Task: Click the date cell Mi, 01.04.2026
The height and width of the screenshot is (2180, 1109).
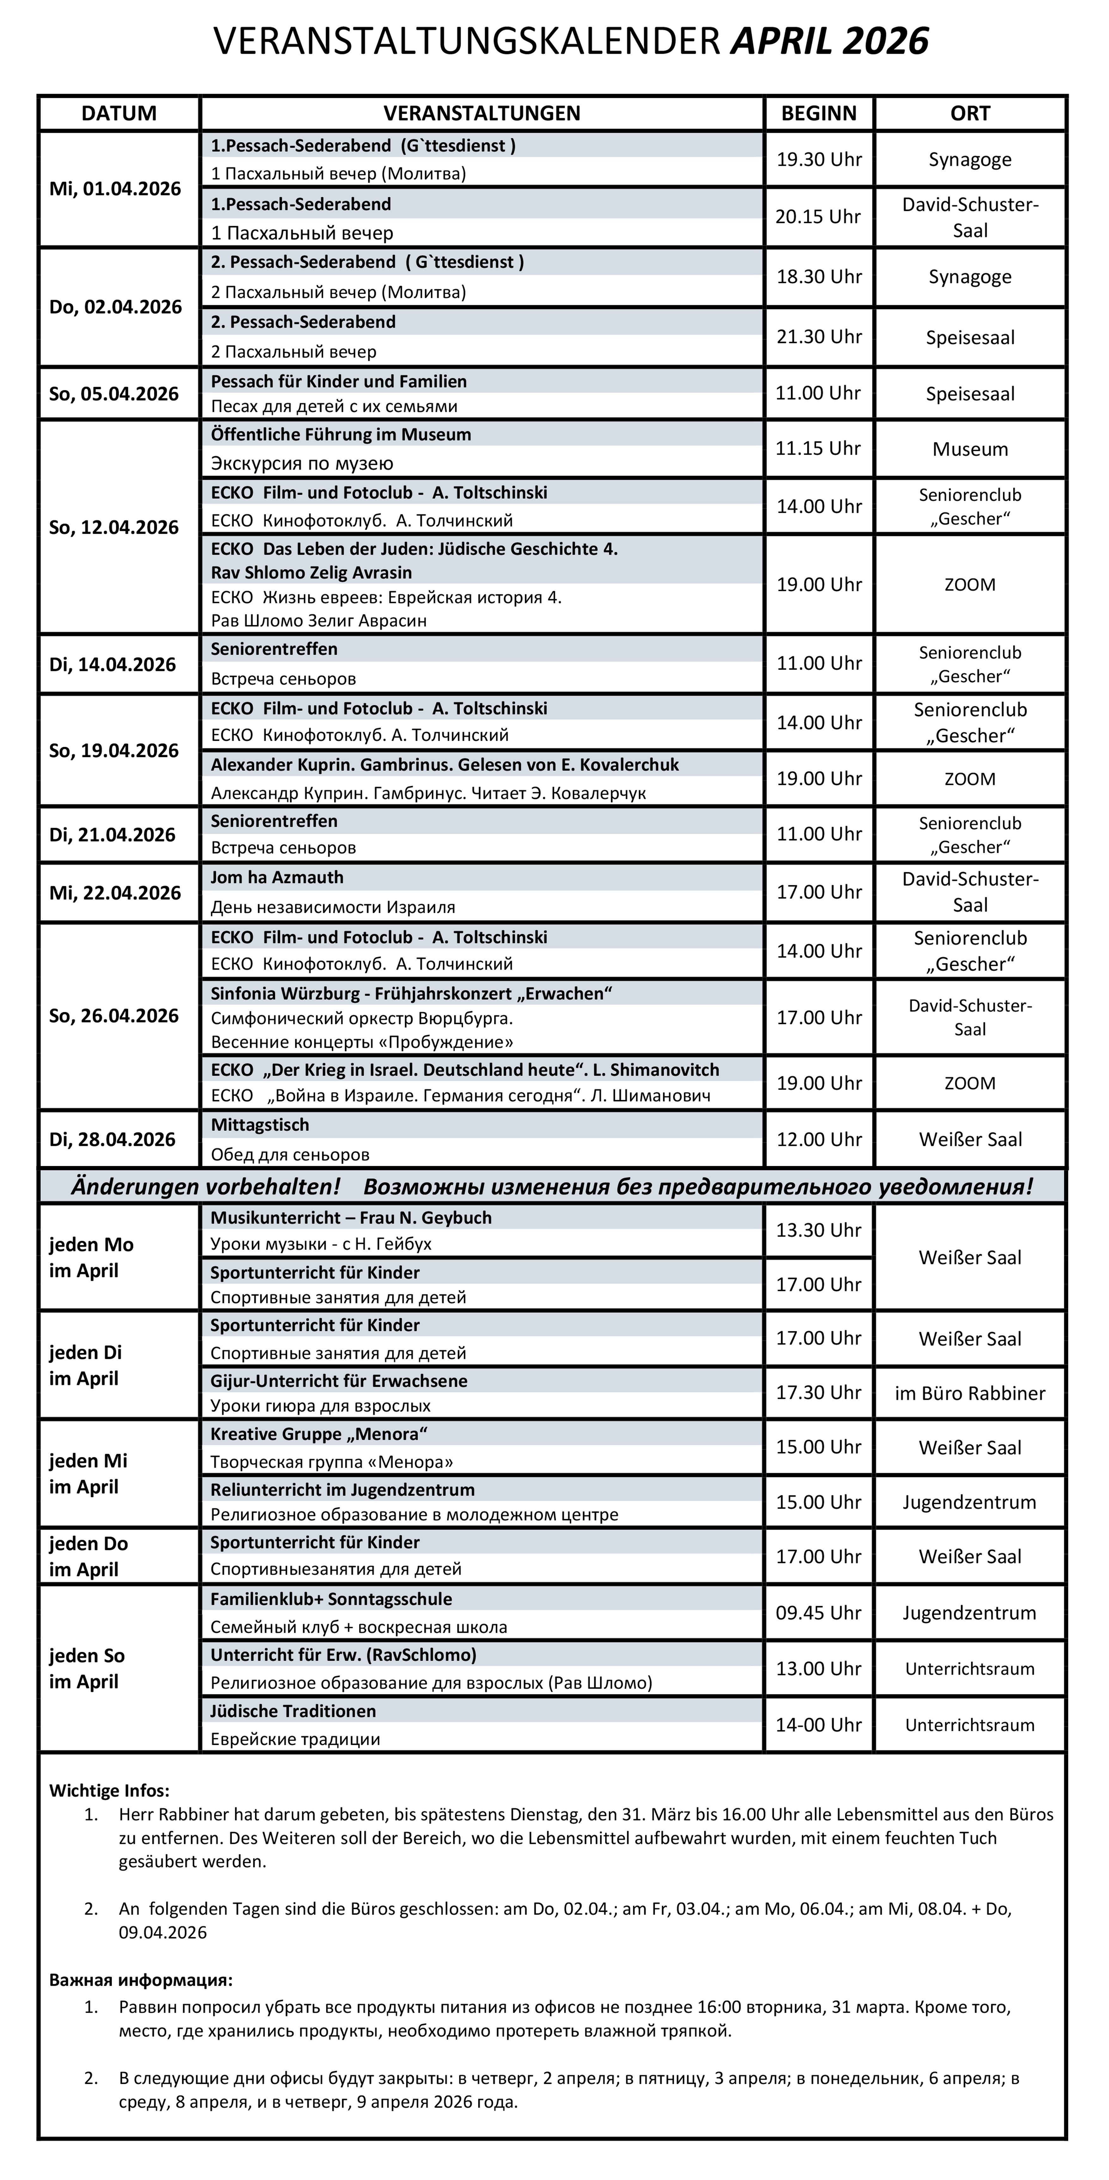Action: click(x=115, y=189)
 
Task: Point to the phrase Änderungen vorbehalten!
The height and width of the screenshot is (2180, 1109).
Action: click(x=205, y=1187)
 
